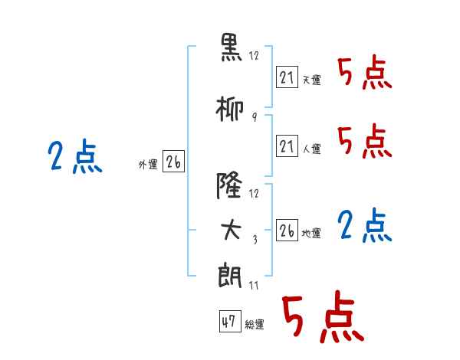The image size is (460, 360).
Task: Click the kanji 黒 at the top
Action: [232, 47]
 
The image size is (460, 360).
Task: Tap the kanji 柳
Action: [230, 109]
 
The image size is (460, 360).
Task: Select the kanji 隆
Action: [229, 185]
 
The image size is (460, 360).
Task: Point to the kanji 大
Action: [231, 230]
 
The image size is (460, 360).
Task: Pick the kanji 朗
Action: [230, 277]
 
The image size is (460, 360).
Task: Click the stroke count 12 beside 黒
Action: [254, 55]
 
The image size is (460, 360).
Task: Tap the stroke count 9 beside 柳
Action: [255, 117]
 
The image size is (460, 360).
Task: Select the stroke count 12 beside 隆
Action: [254, 194]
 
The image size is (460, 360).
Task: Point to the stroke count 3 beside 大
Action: [255, 240]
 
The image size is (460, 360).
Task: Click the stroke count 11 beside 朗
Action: [254, 285]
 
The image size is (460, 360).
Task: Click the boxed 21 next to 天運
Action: [287, 77]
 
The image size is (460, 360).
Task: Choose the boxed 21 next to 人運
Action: [287, 146]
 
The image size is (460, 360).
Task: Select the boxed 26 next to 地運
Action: [287, 230]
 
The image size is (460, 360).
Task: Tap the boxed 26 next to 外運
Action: [173, 162]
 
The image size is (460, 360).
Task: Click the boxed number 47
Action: [230, 321]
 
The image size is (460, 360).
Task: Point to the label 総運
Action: [255, 325]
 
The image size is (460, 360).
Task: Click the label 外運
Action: [148, 165]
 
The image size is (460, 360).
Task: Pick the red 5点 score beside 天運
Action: [365, 74]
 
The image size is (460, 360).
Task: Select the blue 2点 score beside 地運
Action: [365, 226]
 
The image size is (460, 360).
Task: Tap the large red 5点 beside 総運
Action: [324, 316]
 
